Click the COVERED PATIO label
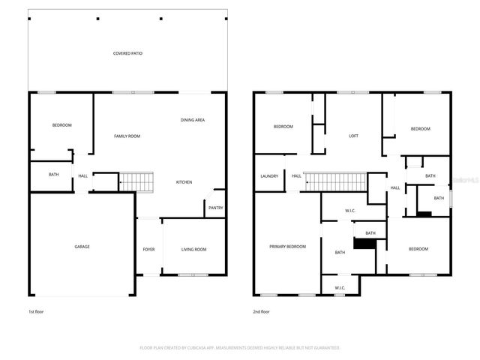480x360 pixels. coord(127,53)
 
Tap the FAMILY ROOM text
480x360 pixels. coord(127,136)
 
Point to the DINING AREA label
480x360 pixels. coord(193,120)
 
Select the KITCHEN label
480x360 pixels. coord(184,182)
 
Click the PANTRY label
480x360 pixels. coord(215,208)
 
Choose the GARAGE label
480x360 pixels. coord(82,246)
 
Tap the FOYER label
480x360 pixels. coord(148,249)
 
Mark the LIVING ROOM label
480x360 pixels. coord(194,249)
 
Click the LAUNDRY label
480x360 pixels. coord(269,176)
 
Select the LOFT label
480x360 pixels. coord(353,136)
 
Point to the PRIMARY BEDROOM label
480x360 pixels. coord(288,246)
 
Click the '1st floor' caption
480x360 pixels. coord(36,310)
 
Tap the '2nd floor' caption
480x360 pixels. coord(261,310)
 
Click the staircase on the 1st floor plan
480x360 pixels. coord(136,181)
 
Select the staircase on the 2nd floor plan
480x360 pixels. coord(335,181)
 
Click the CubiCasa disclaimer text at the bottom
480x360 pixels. coord(240,348)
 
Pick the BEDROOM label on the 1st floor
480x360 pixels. coord(61,124)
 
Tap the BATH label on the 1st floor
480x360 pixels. coord(53,175)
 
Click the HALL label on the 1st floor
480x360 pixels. coord(82,176)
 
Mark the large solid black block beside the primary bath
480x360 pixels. coord(364,244)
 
